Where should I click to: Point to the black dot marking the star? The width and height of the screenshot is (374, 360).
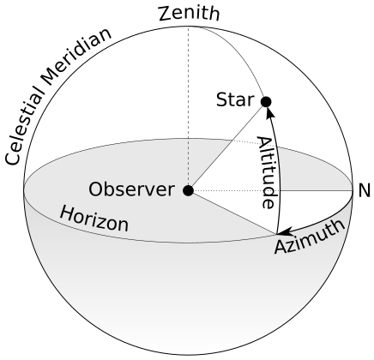(266, 102)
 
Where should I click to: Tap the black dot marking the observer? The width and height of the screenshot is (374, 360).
(188, 190)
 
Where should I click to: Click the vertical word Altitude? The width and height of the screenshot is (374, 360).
(267, 172)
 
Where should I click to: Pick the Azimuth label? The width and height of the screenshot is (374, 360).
(311, 237)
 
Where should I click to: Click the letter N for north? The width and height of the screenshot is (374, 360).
(364, 190)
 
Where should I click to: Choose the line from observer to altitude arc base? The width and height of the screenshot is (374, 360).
(232, 212)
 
